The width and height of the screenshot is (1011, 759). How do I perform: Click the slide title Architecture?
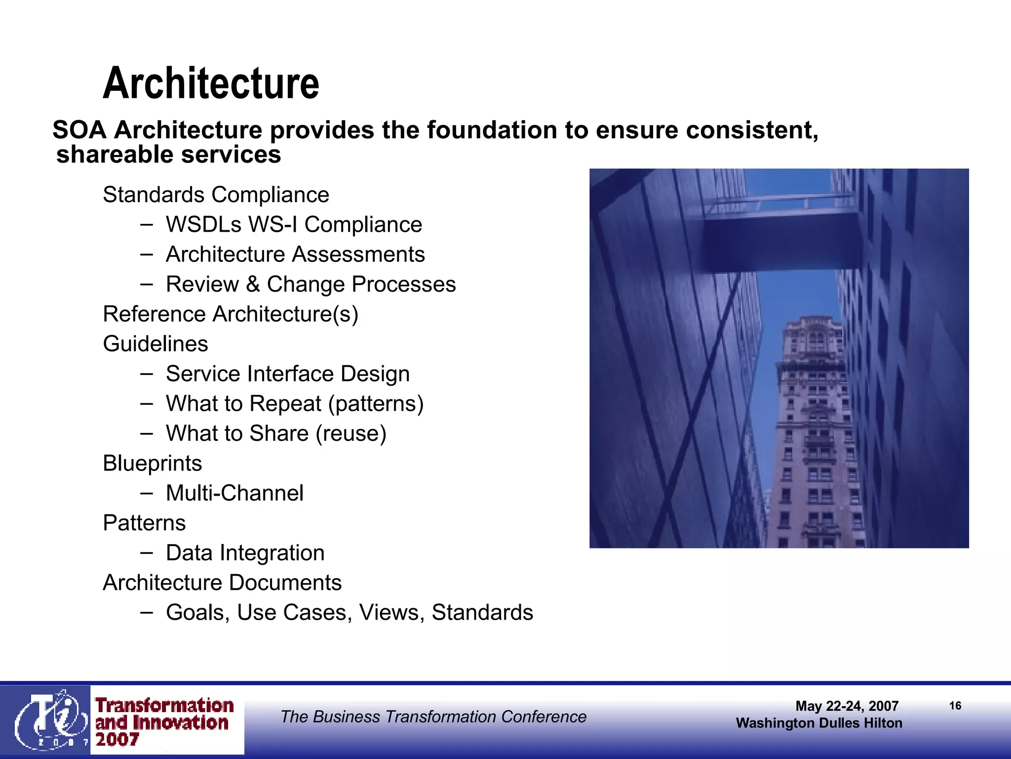pos(211,84)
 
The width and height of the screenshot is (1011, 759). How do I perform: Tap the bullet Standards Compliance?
pos(216,195)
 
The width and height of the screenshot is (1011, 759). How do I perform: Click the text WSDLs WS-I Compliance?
pos(294,225)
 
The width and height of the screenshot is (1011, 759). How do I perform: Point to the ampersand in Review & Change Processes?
pos(253,284)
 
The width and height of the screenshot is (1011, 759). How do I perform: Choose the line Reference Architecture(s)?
pos(230,314)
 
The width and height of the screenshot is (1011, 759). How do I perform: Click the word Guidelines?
pos(155,344)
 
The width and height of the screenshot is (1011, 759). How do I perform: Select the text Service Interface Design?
pos(287,374)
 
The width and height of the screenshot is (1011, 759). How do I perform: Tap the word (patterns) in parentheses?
pos(376,404)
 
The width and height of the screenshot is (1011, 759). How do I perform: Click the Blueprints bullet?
pos(152,464)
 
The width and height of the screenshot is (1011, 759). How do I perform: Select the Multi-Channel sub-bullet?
pos(234,493)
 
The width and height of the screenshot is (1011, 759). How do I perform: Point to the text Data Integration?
pos(245,553)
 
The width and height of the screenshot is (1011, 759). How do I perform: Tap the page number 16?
pos(955,706)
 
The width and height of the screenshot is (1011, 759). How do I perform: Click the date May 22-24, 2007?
pos(847,706)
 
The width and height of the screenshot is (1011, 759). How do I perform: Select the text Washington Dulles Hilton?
pos(818,723)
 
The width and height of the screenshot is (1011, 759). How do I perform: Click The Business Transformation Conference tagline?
pos(433,717)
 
